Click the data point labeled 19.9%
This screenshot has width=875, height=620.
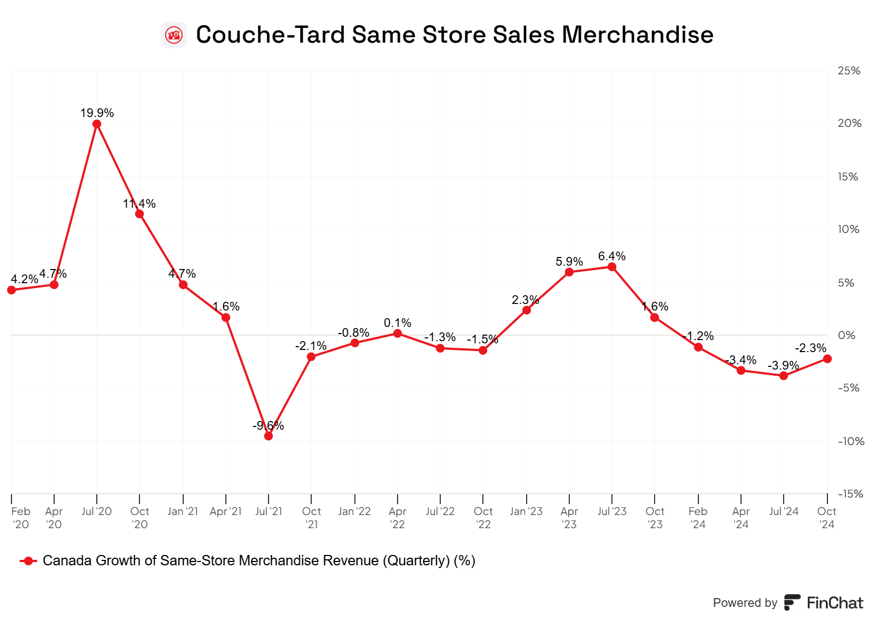(x=97, y=124)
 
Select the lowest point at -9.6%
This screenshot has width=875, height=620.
(x=269, y=436)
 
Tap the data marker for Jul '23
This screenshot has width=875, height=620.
(x=612, y=267)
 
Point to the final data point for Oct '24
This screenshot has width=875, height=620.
(x=827, y=359)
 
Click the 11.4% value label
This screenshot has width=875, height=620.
(x=139, y=204)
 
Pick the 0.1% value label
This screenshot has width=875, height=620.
(x=398, y=323)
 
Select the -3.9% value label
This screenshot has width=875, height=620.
(x=783, y=365)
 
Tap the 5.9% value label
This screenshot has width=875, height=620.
(x=569, y=262)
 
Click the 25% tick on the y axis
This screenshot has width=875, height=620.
(x=849, y=71)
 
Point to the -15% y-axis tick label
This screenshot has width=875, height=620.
(x=850, y=494)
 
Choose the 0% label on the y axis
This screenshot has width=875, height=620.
(x=847, y=335)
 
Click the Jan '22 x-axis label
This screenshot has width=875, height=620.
(x=354, y=512)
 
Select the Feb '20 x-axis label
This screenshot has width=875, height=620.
(x=21, y=518)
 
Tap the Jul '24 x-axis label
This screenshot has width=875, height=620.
(x=784, y=512)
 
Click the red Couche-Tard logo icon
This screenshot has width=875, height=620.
(x=174, y=35)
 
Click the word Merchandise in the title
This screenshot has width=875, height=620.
(x=638, y=35)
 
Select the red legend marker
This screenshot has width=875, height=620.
(x=28, y=561)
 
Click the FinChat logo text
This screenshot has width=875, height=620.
(x=835, y=603)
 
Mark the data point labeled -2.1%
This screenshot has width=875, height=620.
(x=311, y=357)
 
